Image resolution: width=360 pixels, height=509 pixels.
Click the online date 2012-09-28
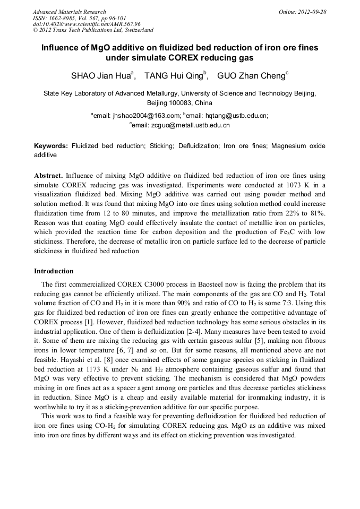click(302, 12)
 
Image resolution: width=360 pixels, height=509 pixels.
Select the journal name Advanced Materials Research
click(69, 12)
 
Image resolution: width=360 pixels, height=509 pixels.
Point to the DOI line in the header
click(87, 24)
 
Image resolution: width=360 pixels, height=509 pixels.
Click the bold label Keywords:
click(51, 146)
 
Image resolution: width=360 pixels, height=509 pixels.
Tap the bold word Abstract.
click(48, 176)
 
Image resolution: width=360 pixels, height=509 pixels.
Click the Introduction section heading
click(54, 271)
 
